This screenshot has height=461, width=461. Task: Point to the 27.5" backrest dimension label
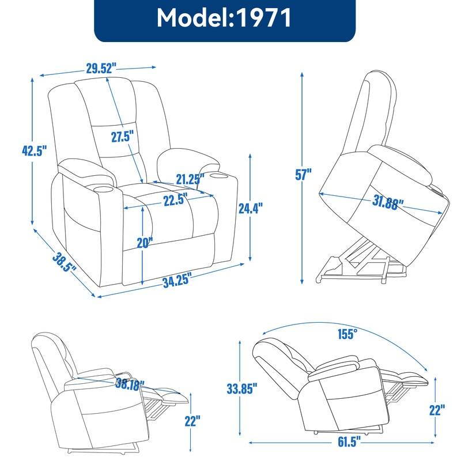coord(123,137)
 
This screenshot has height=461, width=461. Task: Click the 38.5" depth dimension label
coord(65,264)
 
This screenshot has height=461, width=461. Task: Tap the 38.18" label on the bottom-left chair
coord(130,383)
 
